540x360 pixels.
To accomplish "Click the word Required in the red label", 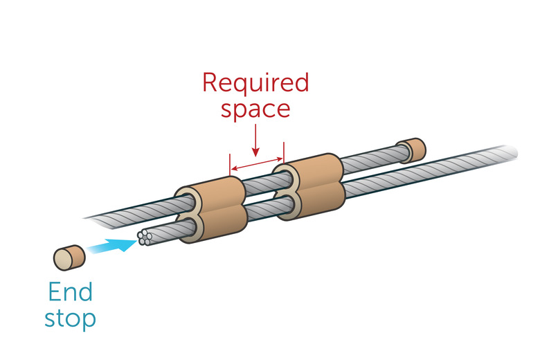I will [255, 84].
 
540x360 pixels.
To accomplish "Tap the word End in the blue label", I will [70, 292].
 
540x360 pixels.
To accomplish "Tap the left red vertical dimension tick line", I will [229, 165].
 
